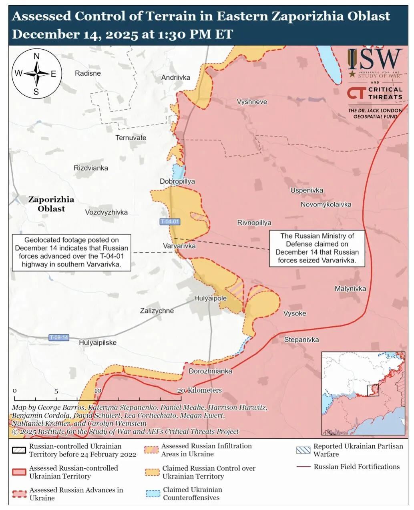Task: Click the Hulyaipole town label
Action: (210, 298)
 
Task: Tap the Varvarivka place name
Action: (179, 246)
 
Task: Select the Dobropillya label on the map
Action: (177, 181)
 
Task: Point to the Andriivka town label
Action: (176, 78)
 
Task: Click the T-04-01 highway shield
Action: (170, 222)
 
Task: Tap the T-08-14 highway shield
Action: (59, 337)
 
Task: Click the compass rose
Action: (36, 74)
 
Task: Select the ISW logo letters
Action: (374, 59)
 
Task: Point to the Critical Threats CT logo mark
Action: (356, 93)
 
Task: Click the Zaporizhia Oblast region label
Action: (51, 204)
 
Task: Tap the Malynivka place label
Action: (350, 289)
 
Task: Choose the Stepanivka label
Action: (301, 340)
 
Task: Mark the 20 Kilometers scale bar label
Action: (199, 390)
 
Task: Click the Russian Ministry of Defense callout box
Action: (317, 248)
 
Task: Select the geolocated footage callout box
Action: (72, 252)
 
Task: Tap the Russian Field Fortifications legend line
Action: (303, 467)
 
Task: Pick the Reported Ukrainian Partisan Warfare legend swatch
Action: (303, 450)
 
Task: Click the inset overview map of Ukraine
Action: (364, 394)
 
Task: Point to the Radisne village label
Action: (88, 73)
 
